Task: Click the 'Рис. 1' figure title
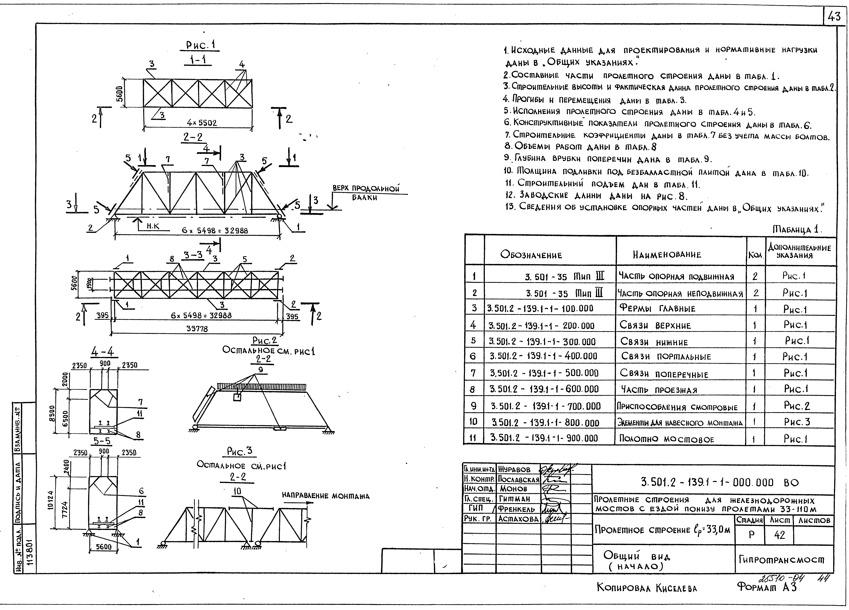click(203, 45)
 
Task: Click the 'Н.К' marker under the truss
click(153, 226)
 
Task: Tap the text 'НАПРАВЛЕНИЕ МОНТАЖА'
click(325, 496)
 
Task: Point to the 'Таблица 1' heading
click(797, 229)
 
